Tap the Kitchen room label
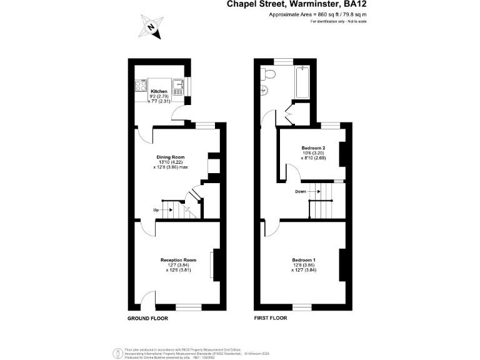(x=159, y=92)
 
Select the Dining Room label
(x=170, y=157)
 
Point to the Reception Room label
(x=178, y=260)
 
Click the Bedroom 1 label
(x=304, y=260)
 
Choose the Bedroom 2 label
(x=314, y=147)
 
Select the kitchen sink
(x=178, y=86)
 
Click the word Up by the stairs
(x=156, y=210)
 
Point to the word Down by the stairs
(x=300, y=192)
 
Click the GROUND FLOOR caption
(x=148, y=318)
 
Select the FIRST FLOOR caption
(x=271, y=318)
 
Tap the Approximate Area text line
(x=317, y=14)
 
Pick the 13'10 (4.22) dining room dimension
(x=170, y=162)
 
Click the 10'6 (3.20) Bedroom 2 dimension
(x=314, y=153)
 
